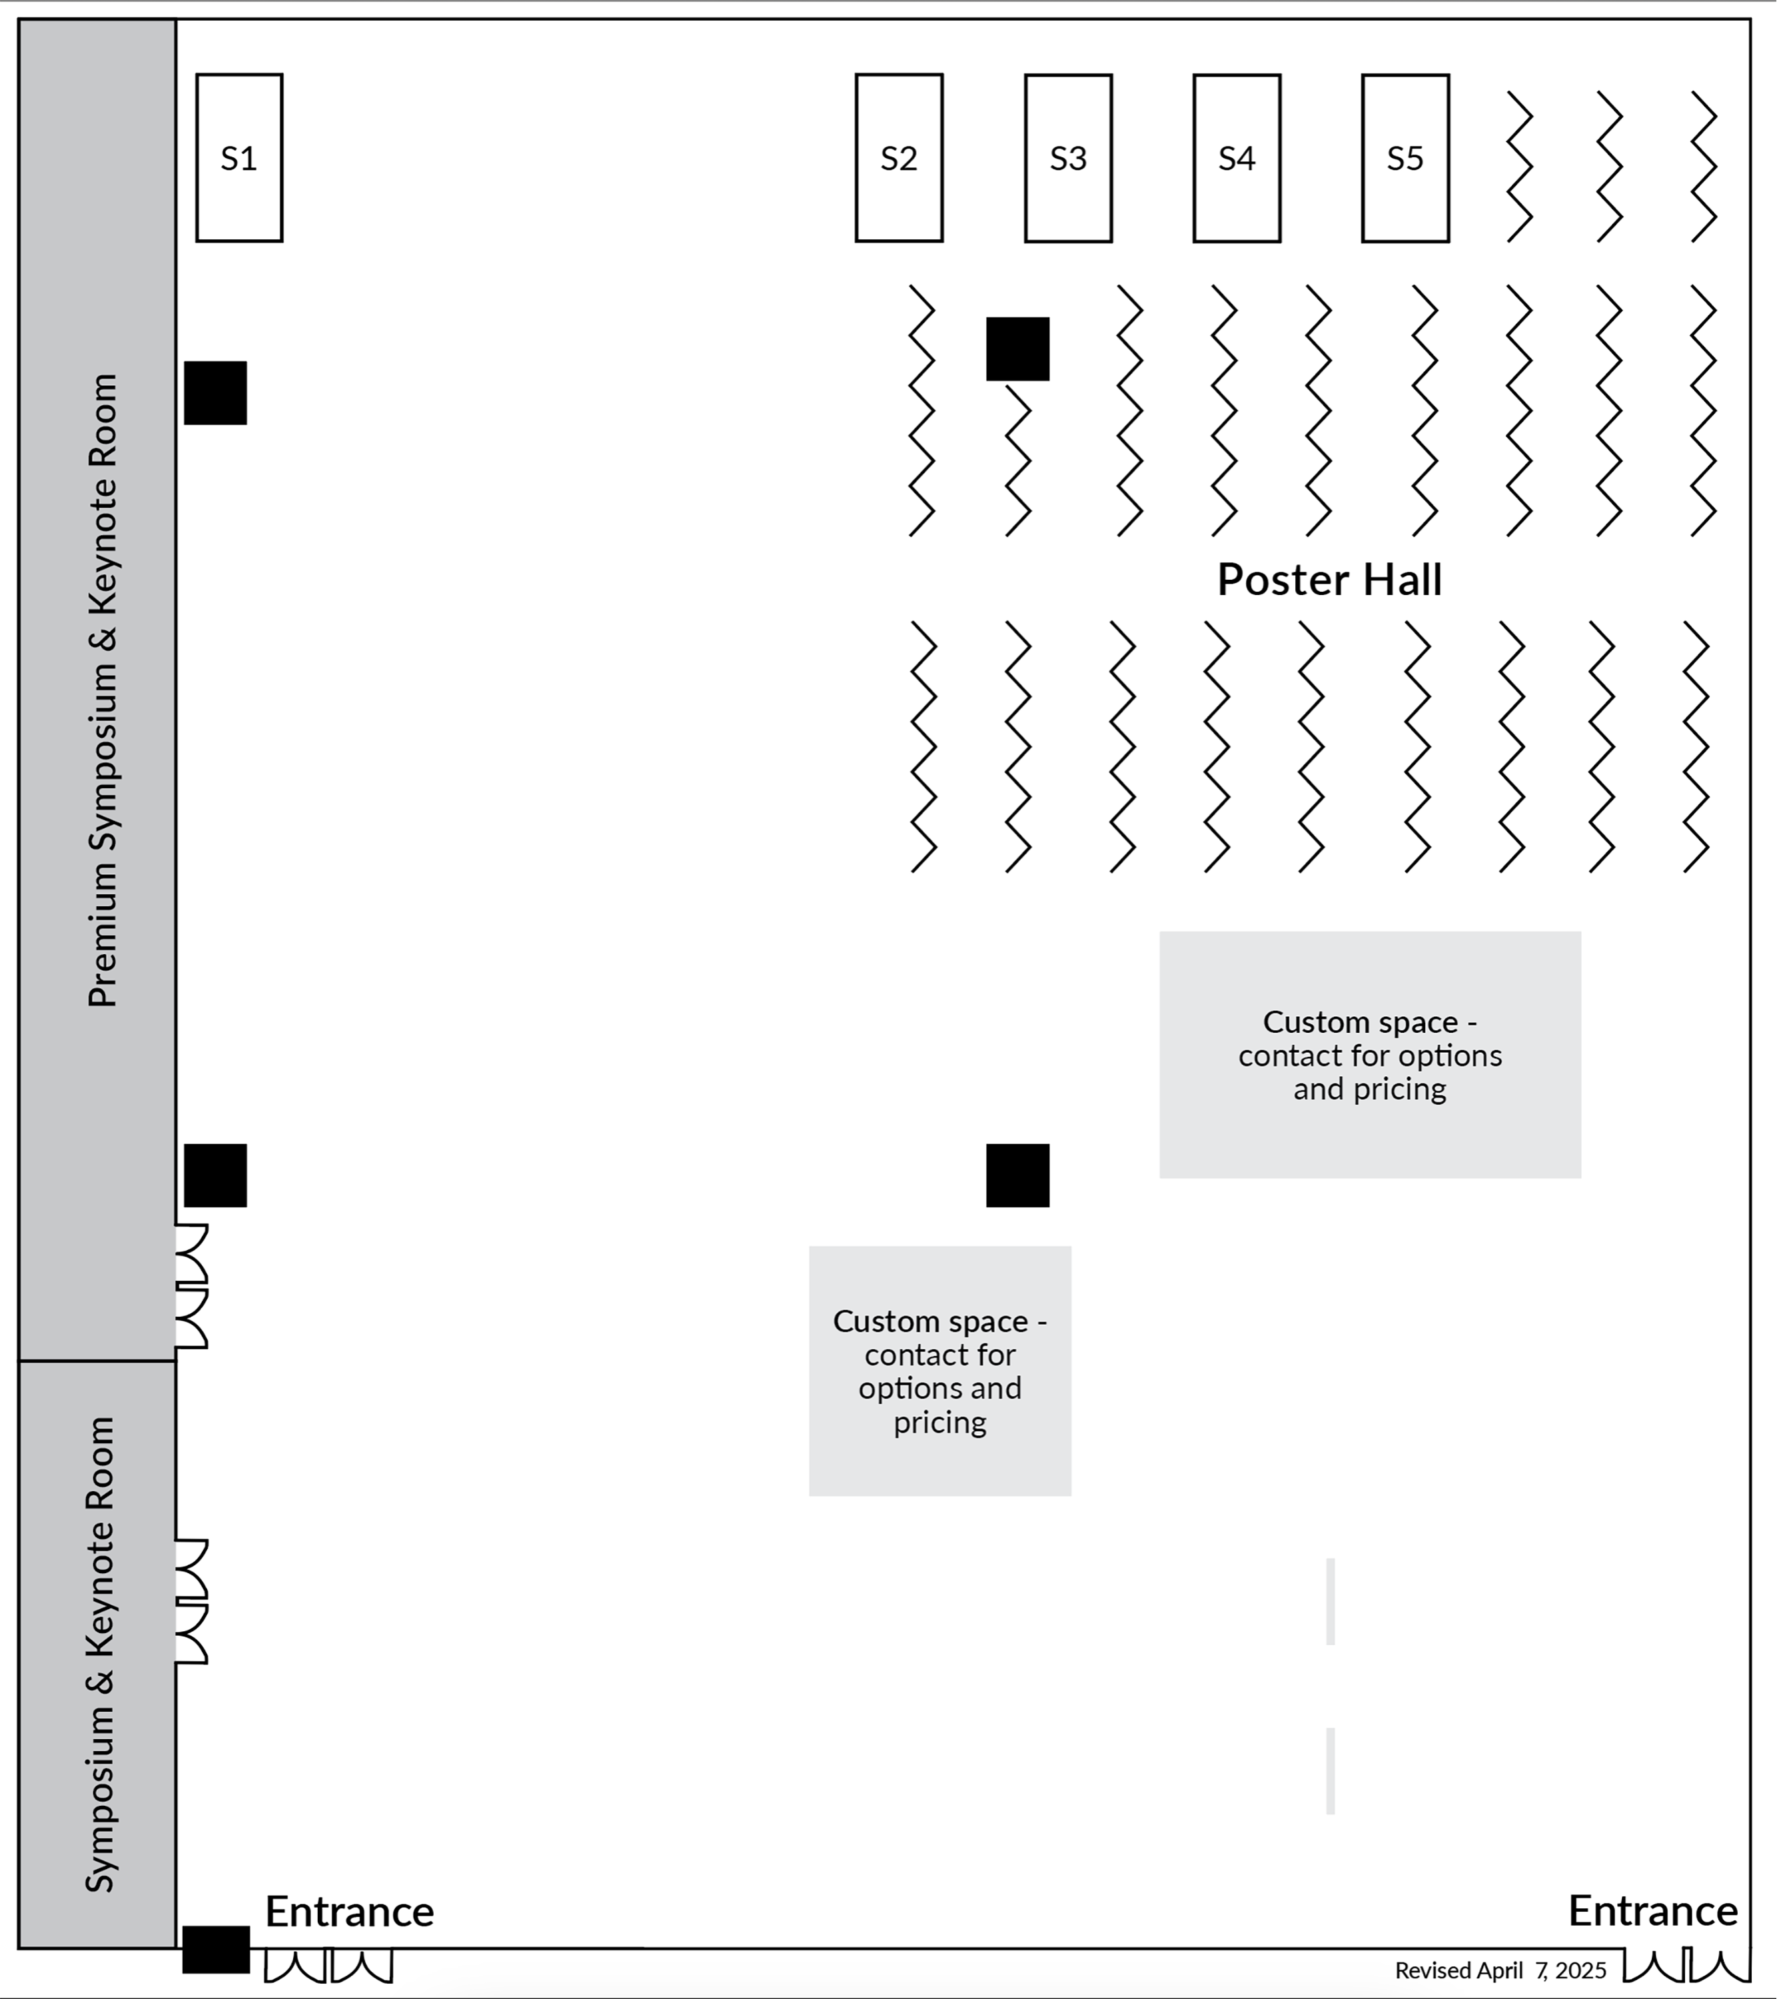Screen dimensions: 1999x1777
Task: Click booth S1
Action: click(x=239, y=157)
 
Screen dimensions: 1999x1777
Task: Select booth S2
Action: click(x=899, y=157)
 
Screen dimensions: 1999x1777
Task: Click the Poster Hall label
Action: click(x=1329, y=580)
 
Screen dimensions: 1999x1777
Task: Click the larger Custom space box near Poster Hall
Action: click(x=1369, y=1054)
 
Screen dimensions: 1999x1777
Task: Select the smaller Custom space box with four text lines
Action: click(x=940, y=1370)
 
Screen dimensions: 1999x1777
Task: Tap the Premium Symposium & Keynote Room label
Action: click(x=102, y=690)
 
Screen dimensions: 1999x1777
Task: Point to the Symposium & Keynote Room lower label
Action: click(x=100, y=1654)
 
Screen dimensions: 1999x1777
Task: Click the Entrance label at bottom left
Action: click(x=349, y=1911)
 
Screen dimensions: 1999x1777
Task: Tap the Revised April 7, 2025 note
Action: click(x=1500, y=1970)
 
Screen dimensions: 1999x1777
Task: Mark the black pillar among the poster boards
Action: click(x=1017, y=349)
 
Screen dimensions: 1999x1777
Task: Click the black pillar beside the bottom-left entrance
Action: click(x=216, y=1949)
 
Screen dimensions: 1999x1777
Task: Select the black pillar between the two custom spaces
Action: click(x=1017, y=1175)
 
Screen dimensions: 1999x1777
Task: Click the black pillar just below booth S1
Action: click(x=215, y=393)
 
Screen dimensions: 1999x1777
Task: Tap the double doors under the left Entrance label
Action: click(x=328, y=1966)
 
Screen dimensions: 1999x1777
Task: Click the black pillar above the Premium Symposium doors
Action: click(x=215, y=1175)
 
